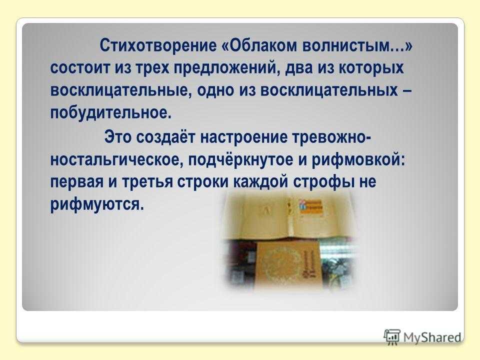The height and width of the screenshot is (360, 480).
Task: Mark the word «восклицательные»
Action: point(121,90)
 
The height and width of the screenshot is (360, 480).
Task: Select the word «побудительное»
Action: point(109,113)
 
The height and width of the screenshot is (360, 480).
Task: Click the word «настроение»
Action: point(243,137)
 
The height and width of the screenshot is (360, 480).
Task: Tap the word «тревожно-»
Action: point(332,137)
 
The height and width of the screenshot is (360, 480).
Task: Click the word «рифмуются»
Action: point(96,204)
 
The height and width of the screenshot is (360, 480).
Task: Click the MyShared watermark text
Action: point(432,337)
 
